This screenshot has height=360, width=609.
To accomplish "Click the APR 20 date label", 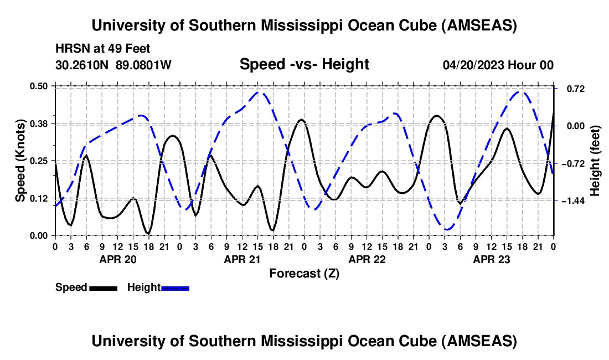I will point(117,259).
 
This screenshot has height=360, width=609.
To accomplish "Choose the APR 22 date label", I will point(367,259).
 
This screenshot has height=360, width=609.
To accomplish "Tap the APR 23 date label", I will point(491,259).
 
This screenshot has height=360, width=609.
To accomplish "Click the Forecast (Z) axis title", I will point(304,273).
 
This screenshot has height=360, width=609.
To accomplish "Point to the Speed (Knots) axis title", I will point(20,161).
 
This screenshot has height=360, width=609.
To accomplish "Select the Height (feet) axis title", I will point(595,161).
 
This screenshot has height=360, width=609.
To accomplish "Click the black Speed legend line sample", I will point(103,287).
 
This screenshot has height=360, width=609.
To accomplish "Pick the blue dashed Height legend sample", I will point(175,287).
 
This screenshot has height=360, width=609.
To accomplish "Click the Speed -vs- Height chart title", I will point(304,64).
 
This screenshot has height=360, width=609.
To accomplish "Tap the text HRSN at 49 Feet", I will point(102,49).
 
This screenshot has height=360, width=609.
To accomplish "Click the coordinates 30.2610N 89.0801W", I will point(113,65).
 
